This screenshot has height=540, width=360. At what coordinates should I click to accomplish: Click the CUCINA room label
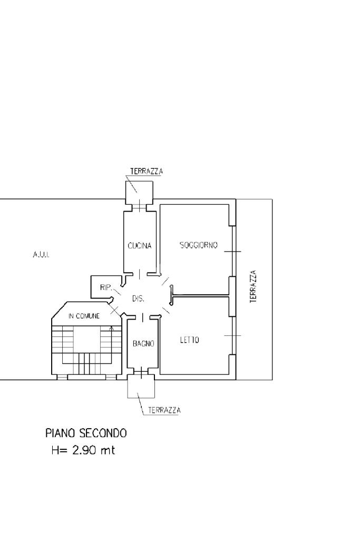click(139, 246)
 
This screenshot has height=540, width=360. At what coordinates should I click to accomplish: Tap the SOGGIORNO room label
click(199, 245)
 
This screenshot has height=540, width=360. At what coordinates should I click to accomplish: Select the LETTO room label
click(190, 340)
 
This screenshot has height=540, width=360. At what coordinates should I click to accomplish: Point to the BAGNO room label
click(143, 343)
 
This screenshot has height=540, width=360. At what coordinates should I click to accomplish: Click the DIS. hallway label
click(138, 298)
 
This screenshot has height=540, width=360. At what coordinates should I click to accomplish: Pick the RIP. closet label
click(105, 287)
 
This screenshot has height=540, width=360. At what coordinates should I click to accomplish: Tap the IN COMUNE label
click(84, 316)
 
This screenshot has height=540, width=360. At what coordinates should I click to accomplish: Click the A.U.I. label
click(41, 255)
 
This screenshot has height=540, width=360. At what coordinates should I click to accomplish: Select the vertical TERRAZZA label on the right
click(254, 286)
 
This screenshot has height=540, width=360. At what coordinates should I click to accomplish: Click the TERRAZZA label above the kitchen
click(147, 171)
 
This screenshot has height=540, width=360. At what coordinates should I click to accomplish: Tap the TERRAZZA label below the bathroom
click(164, 410)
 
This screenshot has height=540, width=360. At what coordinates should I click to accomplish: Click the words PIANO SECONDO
click(86, 433)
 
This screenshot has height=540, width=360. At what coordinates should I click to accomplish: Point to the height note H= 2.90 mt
click(83, 450)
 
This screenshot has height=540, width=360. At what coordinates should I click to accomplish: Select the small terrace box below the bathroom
click(141, 386)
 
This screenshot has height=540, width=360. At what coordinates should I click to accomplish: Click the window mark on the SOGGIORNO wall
click(232, 252)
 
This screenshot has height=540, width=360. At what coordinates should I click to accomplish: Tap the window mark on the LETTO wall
click(232, 335)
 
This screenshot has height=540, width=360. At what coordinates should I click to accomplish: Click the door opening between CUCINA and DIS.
click(139, 274)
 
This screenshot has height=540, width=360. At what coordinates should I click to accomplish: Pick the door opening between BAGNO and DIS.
click(142, 317)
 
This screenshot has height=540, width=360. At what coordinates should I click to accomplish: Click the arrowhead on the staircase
click(111, 328)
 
